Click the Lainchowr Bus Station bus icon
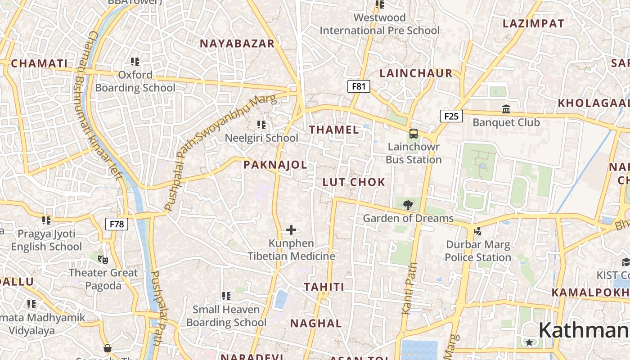[x=413, y=134]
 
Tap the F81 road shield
[x=359, y=86]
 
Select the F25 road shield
[x=451, y=117]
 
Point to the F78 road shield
[x=117, y=224]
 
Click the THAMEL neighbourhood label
[x=334, y=130]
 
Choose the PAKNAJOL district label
[x=275, y=165]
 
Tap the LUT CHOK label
[x=354, y=182]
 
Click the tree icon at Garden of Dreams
[x=408, y=205]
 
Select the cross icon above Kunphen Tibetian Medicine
[x=291, y=230]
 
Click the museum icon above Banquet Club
[x=506, y=109]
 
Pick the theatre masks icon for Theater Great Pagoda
[x=103, y=259]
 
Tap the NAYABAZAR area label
[x=237, y=44]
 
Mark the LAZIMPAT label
[x=533, y=24]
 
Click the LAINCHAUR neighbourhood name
[x=416, y=73]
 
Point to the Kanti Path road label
[x=409, y=288]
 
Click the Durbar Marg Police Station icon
[x=477, y=231]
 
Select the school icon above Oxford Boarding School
[x=135, y=61]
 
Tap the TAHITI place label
[x=324, y=287]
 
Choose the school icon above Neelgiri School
[x=261, y=124]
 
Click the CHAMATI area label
[x=39, y=63]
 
